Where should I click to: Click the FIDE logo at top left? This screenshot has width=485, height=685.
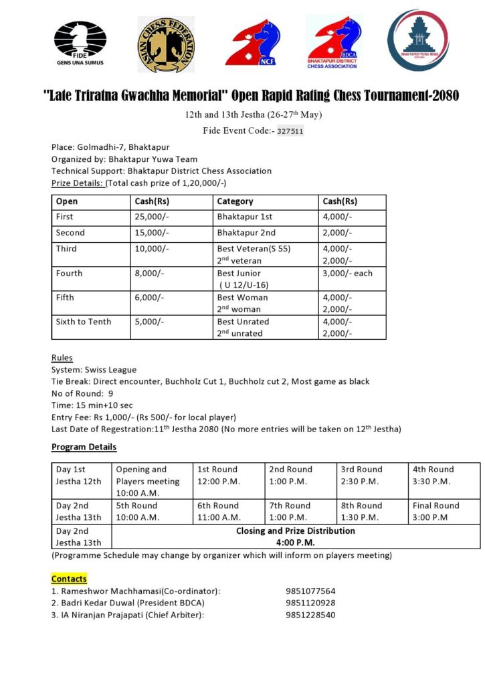point(80,43)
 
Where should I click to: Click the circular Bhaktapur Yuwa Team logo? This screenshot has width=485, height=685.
point(419,39)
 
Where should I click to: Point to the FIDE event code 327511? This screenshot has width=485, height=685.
point(290,131)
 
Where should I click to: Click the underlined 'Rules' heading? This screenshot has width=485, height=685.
point(62,358)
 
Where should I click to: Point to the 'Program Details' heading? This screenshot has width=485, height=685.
point(84,447)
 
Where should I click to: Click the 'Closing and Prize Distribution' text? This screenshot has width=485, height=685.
point(295,531)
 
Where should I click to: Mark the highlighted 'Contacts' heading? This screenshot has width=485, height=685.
point(69,579)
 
